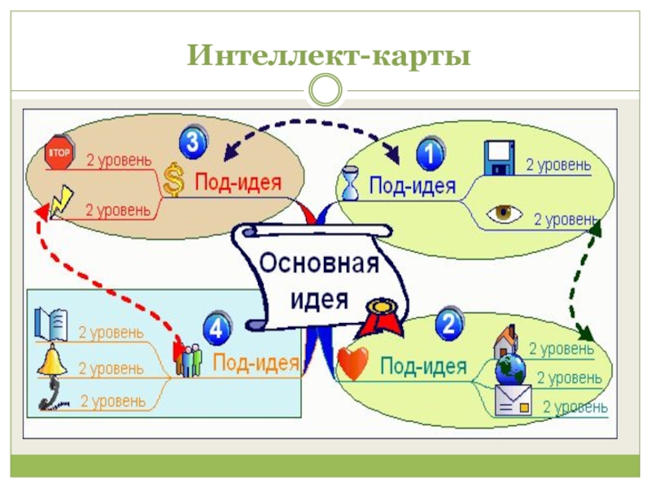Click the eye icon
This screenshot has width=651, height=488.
pyautogui.click(x=505, y=214)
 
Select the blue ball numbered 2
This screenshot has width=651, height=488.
pyautogui.click(x=449, y=324)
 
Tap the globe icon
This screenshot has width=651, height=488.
pyautogui.click(x=512, y=371)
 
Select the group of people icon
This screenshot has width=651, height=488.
pyautogui.click(x=189, y=359)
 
